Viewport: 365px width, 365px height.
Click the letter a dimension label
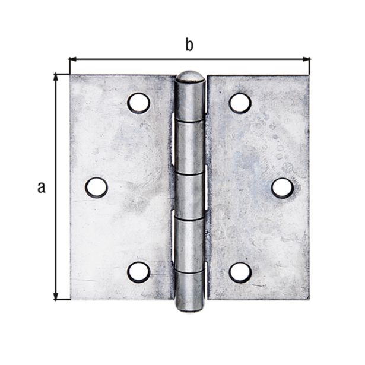tap(40, 188)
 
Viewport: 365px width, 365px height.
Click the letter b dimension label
tap(189, 45)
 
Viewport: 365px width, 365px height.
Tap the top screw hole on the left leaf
tap(138, 103)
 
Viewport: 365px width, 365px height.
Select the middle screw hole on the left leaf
tap(96, 188)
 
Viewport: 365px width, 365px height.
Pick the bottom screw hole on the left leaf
tap(138, 272)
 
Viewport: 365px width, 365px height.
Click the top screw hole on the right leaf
tap(240, 103)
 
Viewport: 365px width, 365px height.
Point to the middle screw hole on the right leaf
tap(283, 188)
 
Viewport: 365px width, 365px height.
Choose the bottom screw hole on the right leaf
tap(240, 272)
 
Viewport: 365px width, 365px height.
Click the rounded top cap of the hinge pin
tap(191, 77)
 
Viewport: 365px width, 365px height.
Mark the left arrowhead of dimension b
tap(74, 59)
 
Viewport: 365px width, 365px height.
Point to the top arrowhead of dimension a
tap(57, 78)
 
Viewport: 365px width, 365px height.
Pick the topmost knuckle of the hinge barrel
tap(191, 101)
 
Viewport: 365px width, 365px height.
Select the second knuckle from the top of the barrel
tap(190, 147)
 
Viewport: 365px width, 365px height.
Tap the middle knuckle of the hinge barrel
tap(190, 195)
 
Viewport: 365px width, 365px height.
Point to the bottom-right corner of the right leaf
tap(309, 299)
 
